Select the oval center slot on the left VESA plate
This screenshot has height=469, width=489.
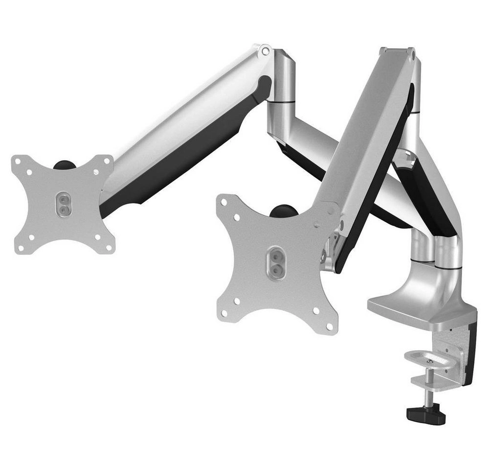pos(63,204)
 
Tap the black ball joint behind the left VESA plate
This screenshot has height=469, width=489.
pos(63,165)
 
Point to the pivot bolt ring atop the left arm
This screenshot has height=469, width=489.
pos(265,50)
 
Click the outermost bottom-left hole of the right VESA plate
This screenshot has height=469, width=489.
pos(224,313)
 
